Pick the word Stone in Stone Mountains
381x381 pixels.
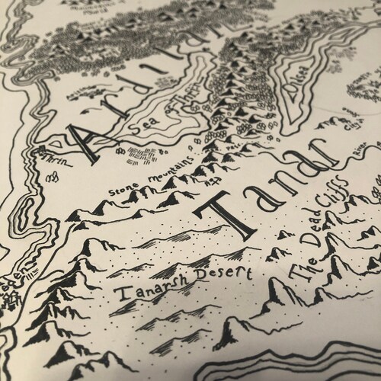click(126, 184)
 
